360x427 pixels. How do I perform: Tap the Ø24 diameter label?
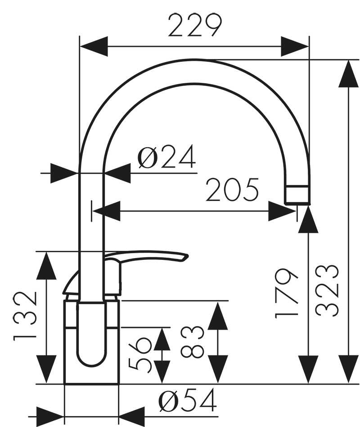point(166,157)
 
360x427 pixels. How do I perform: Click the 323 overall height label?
point(327,291)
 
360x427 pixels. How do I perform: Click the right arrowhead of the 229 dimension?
point(295,47)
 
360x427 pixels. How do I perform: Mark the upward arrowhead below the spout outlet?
point(308,219)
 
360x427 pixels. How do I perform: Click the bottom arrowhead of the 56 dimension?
point(162,372)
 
